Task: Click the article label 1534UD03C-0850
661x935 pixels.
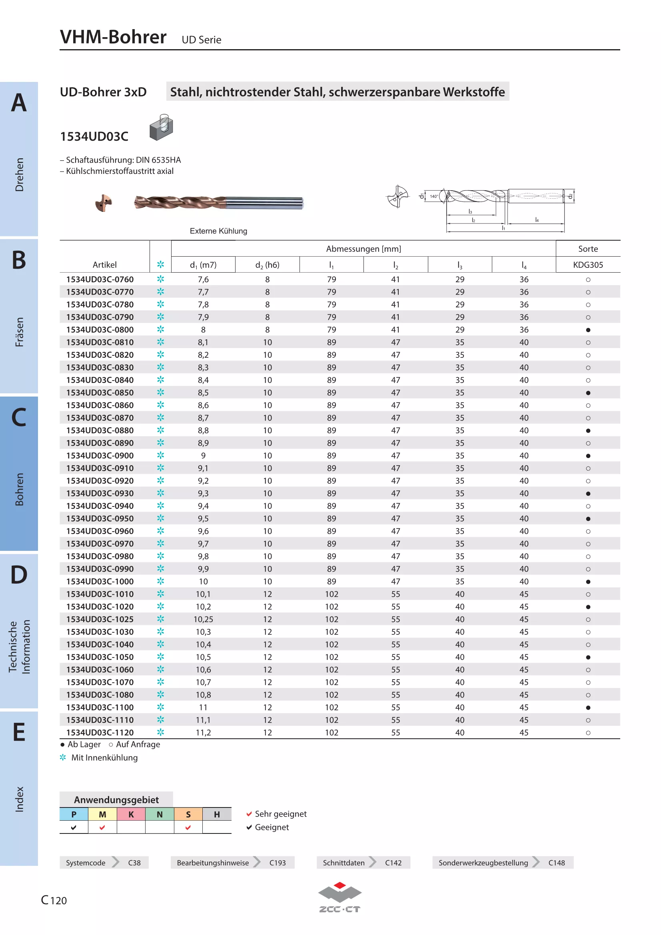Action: coord(100,393)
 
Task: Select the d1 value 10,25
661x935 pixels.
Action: coord(203,619)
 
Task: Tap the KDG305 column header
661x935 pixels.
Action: coord(588,265)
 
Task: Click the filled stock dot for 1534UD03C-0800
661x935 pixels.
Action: coord(588,330)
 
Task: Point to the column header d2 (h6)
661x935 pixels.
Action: coord(267,265)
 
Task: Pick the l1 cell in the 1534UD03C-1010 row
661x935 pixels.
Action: coord(331,594)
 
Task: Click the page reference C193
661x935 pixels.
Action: coord(278,863)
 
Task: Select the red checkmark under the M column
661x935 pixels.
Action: coord(102,827)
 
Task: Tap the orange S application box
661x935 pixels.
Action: coord(188,814)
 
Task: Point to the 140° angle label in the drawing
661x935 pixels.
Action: coord(434,196)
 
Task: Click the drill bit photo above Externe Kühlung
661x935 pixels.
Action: coord(219,202)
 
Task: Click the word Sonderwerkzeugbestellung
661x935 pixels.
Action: coord(483,863)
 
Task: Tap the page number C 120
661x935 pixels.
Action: coord(54,900)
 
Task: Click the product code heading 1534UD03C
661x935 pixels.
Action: coord(94,136)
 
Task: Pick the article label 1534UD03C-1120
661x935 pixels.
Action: coord(100,732)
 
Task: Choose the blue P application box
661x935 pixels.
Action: coord(74,814)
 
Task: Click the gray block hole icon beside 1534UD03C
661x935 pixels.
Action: coord(161,127)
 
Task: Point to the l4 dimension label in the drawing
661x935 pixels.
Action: coord(537,220)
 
